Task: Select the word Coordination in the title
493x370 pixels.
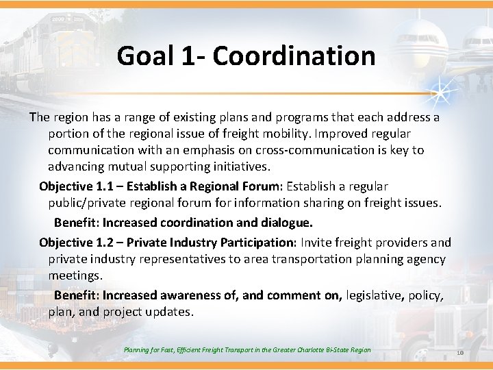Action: click(294, 56)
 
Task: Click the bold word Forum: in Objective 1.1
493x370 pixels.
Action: click(262, 186)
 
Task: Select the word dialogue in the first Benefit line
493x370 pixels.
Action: click(286, 223)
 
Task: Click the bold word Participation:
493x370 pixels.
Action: click(257, 243)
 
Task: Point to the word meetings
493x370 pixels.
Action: click(74, 275)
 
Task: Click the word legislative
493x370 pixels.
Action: click(375, 295)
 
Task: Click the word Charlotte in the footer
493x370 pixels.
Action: click(314, 350)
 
